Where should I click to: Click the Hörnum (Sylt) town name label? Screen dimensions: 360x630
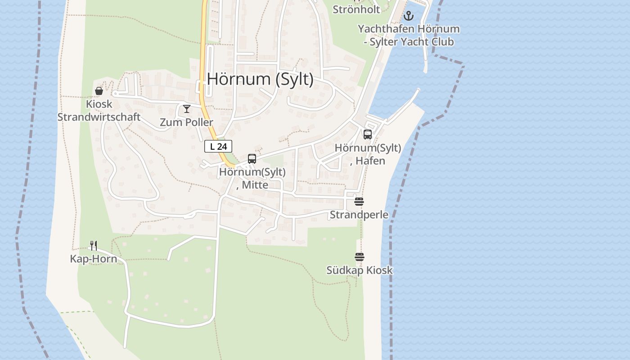260,79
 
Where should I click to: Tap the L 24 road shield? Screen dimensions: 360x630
218,146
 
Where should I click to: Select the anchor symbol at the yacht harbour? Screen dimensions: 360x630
408,16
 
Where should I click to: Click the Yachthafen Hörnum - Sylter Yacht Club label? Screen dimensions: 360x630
409,35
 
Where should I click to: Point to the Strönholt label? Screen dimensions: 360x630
356,9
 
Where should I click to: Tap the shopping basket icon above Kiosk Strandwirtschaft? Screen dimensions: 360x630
99,91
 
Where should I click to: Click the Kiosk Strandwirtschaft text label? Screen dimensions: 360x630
99,111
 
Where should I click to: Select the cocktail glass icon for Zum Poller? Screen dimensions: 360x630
187,109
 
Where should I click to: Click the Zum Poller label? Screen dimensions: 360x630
187,122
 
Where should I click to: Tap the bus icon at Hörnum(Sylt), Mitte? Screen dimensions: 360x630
252,159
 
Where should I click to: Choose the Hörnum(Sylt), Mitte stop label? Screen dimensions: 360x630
252,178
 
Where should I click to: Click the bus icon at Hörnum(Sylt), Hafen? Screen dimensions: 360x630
368,134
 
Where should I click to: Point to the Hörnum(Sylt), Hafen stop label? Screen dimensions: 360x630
368,154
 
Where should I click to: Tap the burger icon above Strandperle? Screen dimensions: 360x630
359,202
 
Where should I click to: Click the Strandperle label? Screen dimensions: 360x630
359,215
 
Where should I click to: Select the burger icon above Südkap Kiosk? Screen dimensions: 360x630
359,257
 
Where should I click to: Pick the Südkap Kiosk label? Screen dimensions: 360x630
360,270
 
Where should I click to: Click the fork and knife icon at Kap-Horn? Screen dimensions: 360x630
94,245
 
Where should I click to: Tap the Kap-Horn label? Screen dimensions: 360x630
94,259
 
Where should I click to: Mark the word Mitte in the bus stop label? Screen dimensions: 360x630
255,185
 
